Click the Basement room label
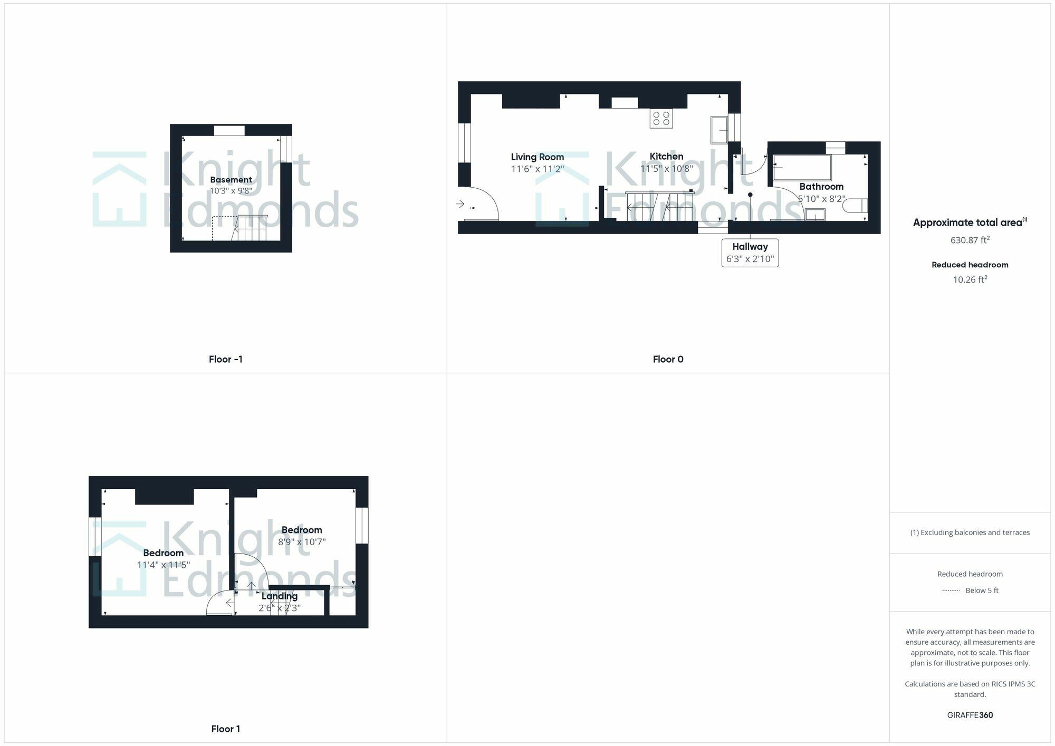click(x=231, y=180)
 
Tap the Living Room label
click(x=537, y=157)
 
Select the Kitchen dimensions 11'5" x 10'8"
click(x=666, y=169)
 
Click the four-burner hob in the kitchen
click(x=661, y=118)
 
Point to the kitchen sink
click(x=719, y=130)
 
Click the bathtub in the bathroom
click(x=802, y=168)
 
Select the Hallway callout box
click(x=750, y=253)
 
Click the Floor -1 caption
click(x=225, y=360)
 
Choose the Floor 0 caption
click(x=668, y=360)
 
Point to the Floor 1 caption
click(x=225, y=729)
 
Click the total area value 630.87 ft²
click(x=970, y=240)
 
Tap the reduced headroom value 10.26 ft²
click(x=970, y=279)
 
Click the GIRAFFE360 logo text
click(x=970, y=715)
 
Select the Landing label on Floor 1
click(x=280, y=596)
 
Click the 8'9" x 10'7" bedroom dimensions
click(x=302, y=542)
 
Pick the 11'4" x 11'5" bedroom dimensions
click(x=163, y=565)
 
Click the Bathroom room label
click(x=821, y=187)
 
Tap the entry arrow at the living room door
click(x=460, y=204)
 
